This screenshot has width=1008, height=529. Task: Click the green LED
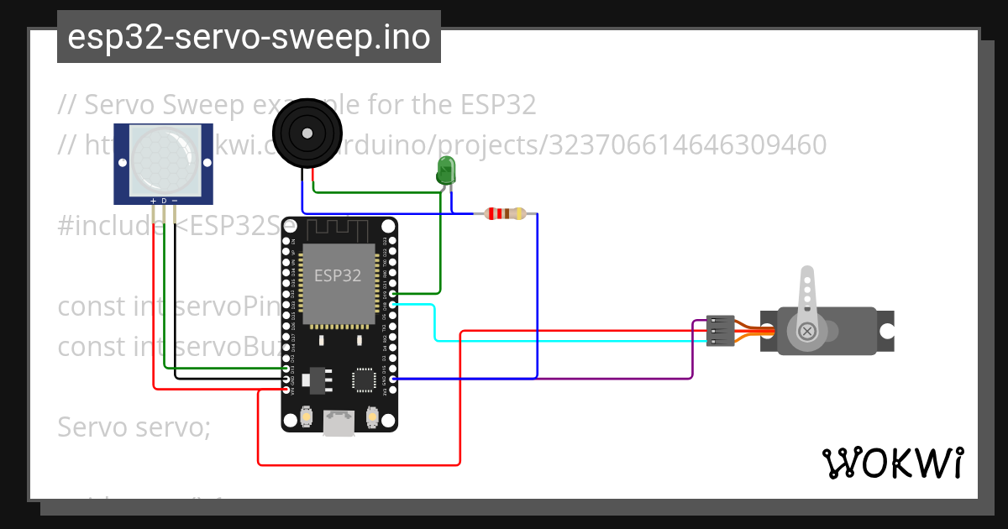click(x=446, y=170)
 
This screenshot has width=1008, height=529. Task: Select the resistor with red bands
click(x=501, y=214)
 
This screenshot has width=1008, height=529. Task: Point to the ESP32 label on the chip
click(x=338, y=275)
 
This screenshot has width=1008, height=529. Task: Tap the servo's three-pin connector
click(x=720, y=331)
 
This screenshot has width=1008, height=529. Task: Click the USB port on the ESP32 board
click(x=339, y=423)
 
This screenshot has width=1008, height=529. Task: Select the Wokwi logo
click(x=892, y=463)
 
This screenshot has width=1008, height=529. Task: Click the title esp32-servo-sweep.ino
click(x=249, y=37)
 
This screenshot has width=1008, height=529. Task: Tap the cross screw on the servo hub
click(x=808, y=332)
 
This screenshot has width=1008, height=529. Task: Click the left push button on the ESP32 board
click(x=307, y=416)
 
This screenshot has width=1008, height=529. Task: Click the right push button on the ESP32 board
click(x=372, y=416)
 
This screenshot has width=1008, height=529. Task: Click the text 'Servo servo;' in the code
click(x=134, y=427)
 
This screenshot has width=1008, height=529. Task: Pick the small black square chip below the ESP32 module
click(x=364, y=380)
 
